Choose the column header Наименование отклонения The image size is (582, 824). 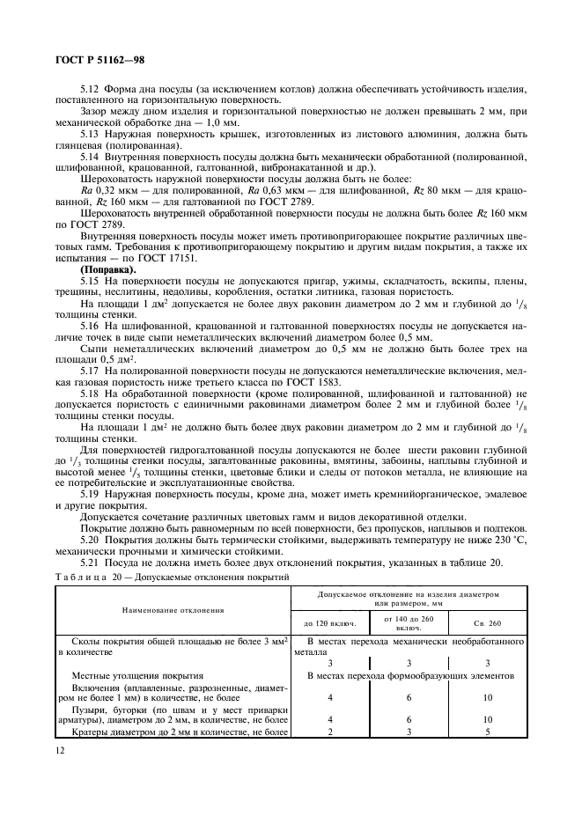click(x=173, y=608)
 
